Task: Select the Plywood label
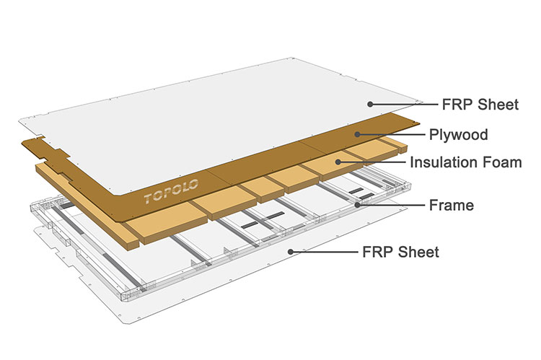(458, 134)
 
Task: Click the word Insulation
(444, 162)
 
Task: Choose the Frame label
(451, 206)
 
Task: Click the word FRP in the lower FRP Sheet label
(379, 252)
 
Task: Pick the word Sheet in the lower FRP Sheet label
(419, 252)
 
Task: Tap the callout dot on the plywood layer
(357, 133)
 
